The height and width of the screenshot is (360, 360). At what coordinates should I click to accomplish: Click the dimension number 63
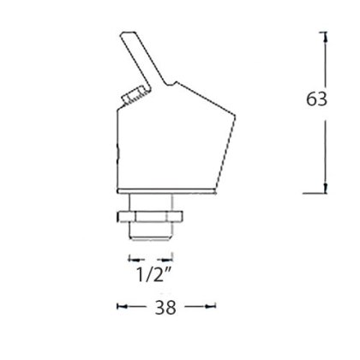click(316, 99)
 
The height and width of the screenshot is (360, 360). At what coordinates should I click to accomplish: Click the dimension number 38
click(165, 308)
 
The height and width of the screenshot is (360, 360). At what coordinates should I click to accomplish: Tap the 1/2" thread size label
click(153, 275)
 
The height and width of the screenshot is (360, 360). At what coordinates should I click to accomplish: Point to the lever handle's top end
click(128, 33)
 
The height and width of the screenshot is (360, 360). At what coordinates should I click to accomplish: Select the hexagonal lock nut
click(150, 216)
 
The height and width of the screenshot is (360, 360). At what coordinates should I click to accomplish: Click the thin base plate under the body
click(166, 191)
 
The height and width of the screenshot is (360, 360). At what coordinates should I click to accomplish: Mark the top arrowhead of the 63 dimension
click(325, 37)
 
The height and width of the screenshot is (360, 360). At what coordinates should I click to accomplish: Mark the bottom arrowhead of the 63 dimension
click(325, 188)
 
